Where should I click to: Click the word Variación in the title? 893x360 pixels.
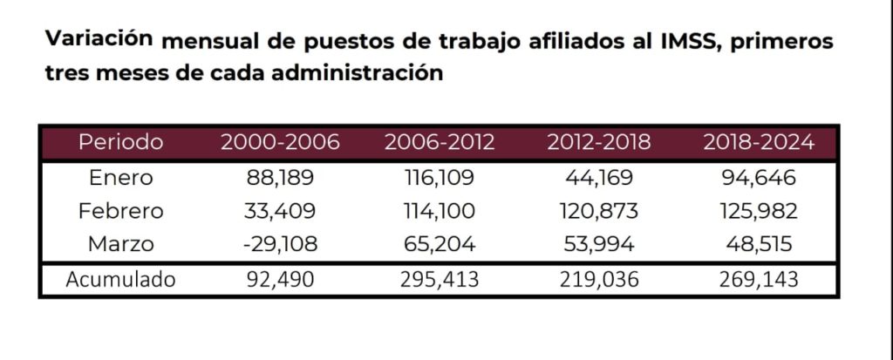100,38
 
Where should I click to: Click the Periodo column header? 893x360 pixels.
120,143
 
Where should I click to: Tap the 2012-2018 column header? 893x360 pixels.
599,143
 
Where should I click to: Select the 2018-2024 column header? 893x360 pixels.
759,143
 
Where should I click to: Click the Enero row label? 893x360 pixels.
121,178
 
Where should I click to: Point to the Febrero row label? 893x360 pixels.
121,211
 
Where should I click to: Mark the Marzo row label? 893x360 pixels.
121,244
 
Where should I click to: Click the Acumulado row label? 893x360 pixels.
121,280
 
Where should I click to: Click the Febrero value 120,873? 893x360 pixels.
599,211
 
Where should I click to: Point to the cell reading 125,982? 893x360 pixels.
759,211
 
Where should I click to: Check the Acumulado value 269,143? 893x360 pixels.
759,280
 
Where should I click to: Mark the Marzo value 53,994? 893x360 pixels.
599,244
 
